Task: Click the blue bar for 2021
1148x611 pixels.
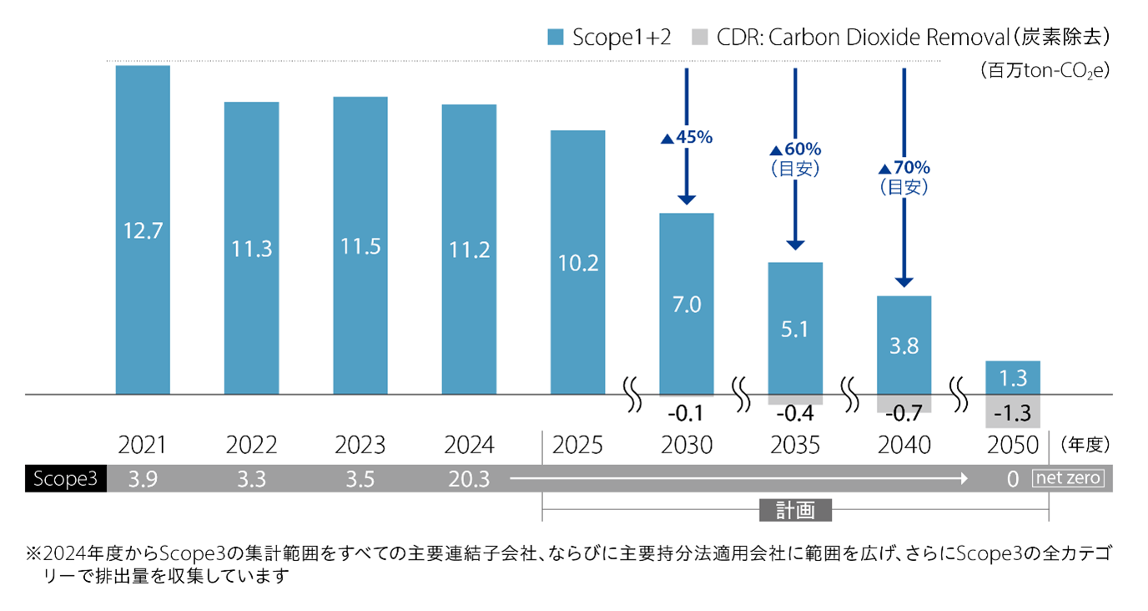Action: tap(143, 230)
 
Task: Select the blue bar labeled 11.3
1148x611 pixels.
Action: tap(251, 248)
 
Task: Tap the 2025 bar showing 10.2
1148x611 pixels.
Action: tap(577, 262)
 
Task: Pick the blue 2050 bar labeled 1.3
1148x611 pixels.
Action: tap(1012, 377)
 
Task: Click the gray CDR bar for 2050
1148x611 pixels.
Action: tap(1012, 412)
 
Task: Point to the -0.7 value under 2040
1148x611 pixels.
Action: tap(904, 413)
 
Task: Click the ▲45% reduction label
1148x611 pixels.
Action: tap(687, 138)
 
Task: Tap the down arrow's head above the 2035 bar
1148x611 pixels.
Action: tap(795, 245)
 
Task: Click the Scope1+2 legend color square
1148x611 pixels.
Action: tap(556, 37)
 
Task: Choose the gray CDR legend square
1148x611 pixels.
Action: tap(699, 37)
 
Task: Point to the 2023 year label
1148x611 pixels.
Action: tap(360, 445)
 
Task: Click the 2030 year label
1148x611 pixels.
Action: tap(686, 445)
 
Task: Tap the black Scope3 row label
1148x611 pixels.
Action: tap(65, 478)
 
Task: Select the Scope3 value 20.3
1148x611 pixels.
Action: tap(469, 478)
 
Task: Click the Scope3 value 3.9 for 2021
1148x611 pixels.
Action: tap(143, 478)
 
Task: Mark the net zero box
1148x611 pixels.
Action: tap(1069, 478)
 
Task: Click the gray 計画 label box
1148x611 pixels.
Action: tap(794, 510)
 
